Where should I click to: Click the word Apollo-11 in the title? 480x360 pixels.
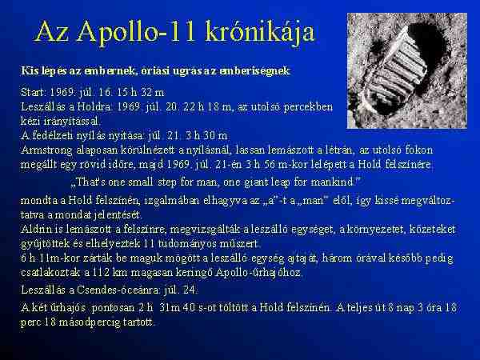(x=136, y=32)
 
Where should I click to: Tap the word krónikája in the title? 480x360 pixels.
(x=260, y=32)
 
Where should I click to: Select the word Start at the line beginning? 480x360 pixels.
(x=34, y=92)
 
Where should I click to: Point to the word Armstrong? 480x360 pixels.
(x=47, y=150)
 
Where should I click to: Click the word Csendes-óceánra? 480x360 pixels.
(x=118, y=290)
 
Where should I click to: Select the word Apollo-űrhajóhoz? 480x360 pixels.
(x=258, y=273)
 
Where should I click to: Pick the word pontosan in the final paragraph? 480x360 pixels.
(x=113, y=308)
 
